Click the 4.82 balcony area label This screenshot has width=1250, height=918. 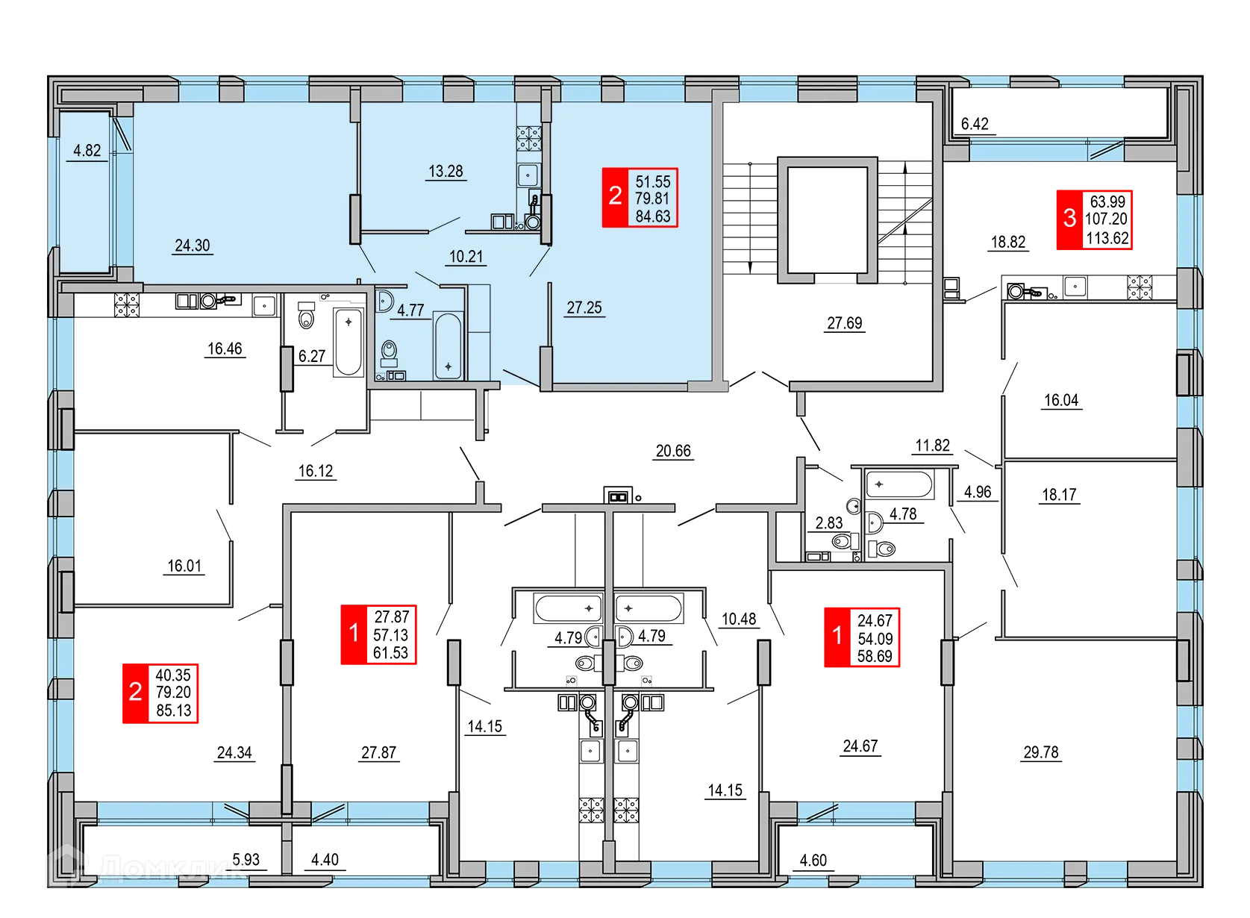point(87,151)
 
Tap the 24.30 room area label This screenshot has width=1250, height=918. point(192,246)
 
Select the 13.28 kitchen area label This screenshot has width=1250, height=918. point(446,172)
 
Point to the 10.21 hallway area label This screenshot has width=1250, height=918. point(466,257)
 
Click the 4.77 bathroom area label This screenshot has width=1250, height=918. point(410,310)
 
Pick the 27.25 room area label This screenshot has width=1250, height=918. point(584,307)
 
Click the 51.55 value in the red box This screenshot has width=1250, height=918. point(652,181)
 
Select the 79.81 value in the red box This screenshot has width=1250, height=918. point(652,199)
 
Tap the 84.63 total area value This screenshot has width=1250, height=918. point(652,216)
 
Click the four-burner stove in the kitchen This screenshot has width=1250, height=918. point(529,138)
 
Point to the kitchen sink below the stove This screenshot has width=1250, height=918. point(528,175)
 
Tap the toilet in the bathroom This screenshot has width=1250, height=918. point(389,351)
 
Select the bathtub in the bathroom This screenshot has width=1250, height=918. point(448,346)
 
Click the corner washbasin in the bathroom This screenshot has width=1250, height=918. point(384,301)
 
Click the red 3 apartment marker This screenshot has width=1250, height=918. point(1069,218)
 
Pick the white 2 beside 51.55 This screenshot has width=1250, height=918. point(615,196)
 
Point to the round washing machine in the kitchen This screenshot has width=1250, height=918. point(533,222)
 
